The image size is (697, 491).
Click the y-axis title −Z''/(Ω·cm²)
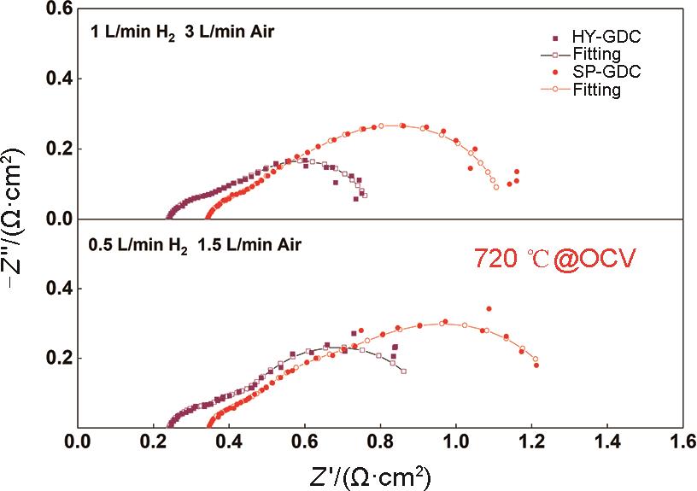19,219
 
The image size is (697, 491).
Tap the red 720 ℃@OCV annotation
555,259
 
